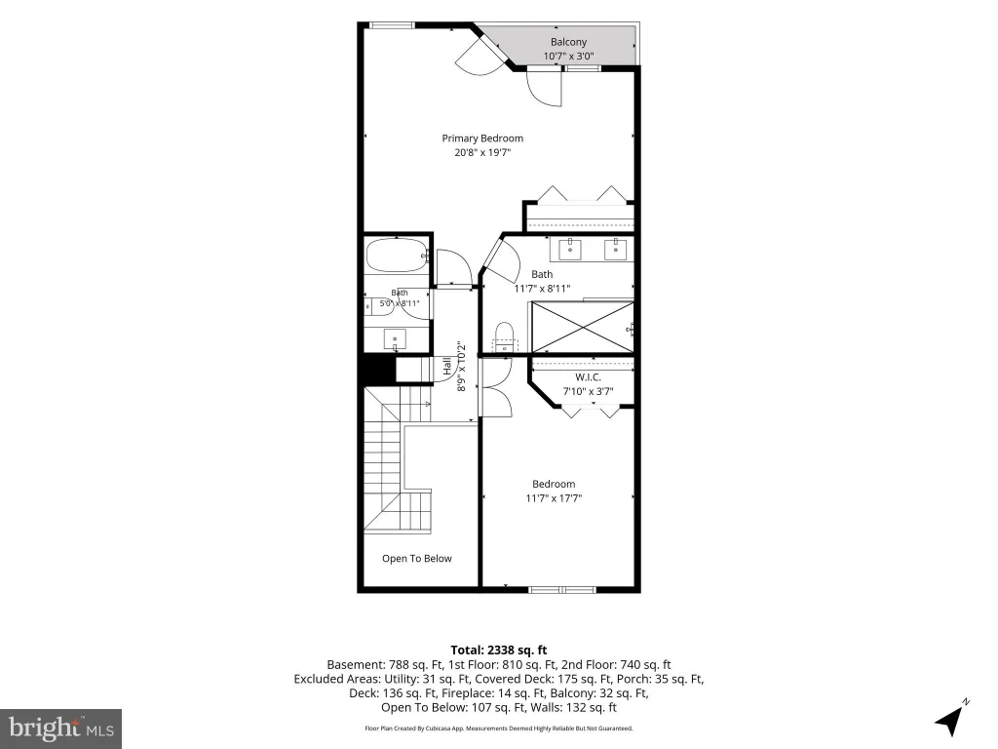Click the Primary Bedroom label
tap(482, 138)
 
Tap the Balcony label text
tap(568, 42)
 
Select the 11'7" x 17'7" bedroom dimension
tap(554, 498)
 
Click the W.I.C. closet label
tap(588, 377)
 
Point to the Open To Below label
tap(417, 559)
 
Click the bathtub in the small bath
tap(398, 256)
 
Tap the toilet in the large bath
tap(504, 336)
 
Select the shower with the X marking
tap(583, 327)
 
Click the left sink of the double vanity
tap(569, 250)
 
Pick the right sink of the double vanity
tap(616, 250)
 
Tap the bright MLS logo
tap(61, 728)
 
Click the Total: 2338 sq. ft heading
tap(499, 650)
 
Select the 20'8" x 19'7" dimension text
tap(482, 153)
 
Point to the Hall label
tap(447, 366)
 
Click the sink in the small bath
tap(396, 338)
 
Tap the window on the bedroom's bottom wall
tap(562, 590)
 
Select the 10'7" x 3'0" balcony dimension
tap(568, 56)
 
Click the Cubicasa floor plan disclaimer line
tap(499, 728)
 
